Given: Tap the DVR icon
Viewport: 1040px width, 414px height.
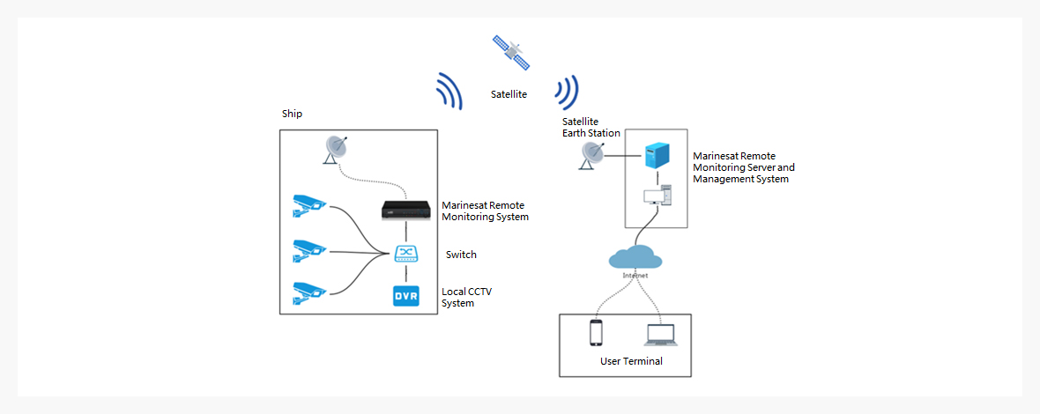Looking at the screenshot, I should pos(405,296).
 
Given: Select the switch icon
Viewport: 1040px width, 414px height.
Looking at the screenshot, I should pos(405,254).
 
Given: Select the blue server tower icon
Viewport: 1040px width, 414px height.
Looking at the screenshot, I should pos(653,157).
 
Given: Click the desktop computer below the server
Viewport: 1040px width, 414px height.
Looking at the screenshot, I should pos(657,196).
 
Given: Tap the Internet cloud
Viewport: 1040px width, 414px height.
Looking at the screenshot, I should pos(635,258).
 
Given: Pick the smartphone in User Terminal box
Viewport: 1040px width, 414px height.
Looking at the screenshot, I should pos(596,334).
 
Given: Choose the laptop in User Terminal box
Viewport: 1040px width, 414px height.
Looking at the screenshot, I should pos(660,335).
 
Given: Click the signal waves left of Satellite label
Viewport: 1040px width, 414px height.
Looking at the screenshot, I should pos(449,91).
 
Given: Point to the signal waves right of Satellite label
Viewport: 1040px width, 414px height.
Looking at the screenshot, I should pos(567,91).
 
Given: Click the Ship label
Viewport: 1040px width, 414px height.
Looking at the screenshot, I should pos(292,115).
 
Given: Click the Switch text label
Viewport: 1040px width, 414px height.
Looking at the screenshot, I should pos(461,255).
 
